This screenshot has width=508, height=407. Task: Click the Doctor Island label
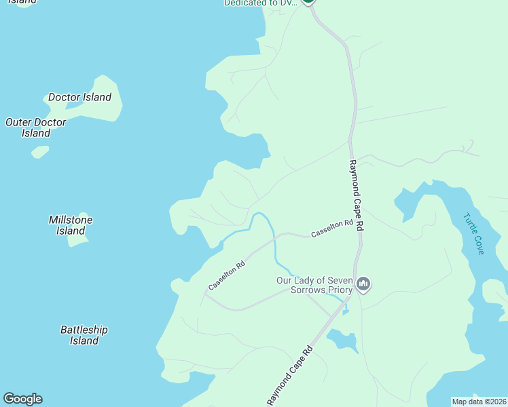79,97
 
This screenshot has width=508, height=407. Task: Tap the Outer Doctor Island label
35,128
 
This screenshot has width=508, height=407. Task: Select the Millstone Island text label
71,225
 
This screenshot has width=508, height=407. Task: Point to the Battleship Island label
84,335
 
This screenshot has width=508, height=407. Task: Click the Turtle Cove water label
473,234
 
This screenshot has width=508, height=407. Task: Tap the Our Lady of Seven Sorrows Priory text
314,285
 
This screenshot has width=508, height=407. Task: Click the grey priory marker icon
363,284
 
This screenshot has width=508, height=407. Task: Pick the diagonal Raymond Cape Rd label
289,376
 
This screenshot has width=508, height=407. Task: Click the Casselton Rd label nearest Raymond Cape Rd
332,229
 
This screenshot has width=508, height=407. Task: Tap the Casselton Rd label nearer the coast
226,277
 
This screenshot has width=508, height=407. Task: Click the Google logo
22,399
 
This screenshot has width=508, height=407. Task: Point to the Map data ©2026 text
479,402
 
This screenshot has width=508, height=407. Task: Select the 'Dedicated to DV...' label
261,3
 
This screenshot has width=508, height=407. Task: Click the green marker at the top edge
308,2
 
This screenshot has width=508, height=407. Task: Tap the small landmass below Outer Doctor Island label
40,151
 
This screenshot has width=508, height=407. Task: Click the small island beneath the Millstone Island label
79,241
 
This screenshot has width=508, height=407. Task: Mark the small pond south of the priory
343,341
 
